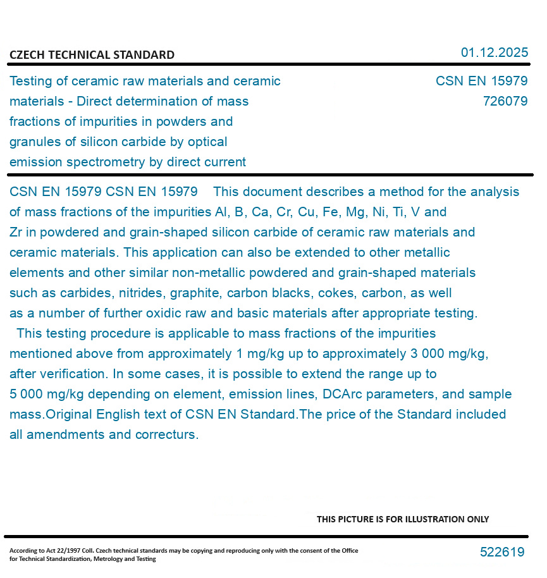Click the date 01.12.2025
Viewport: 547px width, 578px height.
pyautogui.click(x=494, y=52)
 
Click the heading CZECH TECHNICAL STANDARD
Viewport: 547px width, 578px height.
pyautogui.click(x=92, y=55)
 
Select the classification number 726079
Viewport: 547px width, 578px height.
pyautogui.click(x=505, y=101)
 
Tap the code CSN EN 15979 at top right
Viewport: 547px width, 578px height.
pyautogui.click(x=481, y=81)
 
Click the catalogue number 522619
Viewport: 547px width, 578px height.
pyautogui.click(x=501, y=552)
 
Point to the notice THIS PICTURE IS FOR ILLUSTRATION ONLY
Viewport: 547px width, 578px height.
pyautogui.click(x=402, y=519)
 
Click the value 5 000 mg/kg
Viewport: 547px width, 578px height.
pyautogui.click(x=47, y=394)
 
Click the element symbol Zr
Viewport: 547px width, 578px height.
pyautogui.click(x=16, y=232)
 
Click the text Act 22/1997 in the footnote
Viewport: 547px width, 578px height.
pyautogui.click(x=55, y=551)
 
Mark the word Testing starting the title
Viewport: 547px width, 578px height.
pyautogui.click(x=31, y=81)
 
